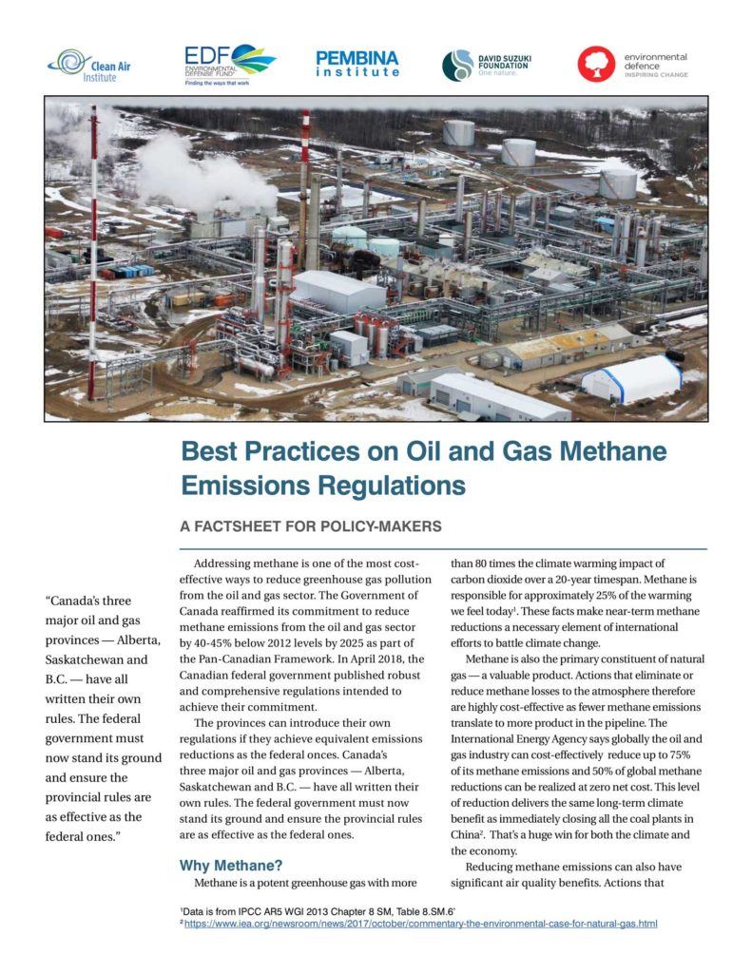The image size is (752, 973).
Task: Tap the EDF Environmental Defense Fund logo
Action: click(229, 65)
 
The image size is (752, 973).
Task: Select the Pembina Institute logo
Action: click(357, 65)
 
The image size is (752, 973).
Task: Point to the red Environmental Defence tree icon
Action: click(596, 65)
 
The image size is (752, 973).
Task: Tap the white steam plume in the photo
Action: click(200, 171)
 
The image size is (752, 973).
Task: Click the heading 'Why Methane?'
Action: click(231, 866)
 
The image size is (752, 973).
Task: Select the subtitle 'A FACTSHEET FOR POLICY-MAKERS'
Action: click(311, 525)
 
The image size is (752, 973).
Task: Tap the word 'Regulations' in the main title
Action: click(390, 486)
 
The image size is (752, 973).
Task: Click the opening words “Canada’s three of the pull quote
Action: click(90, 601)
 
